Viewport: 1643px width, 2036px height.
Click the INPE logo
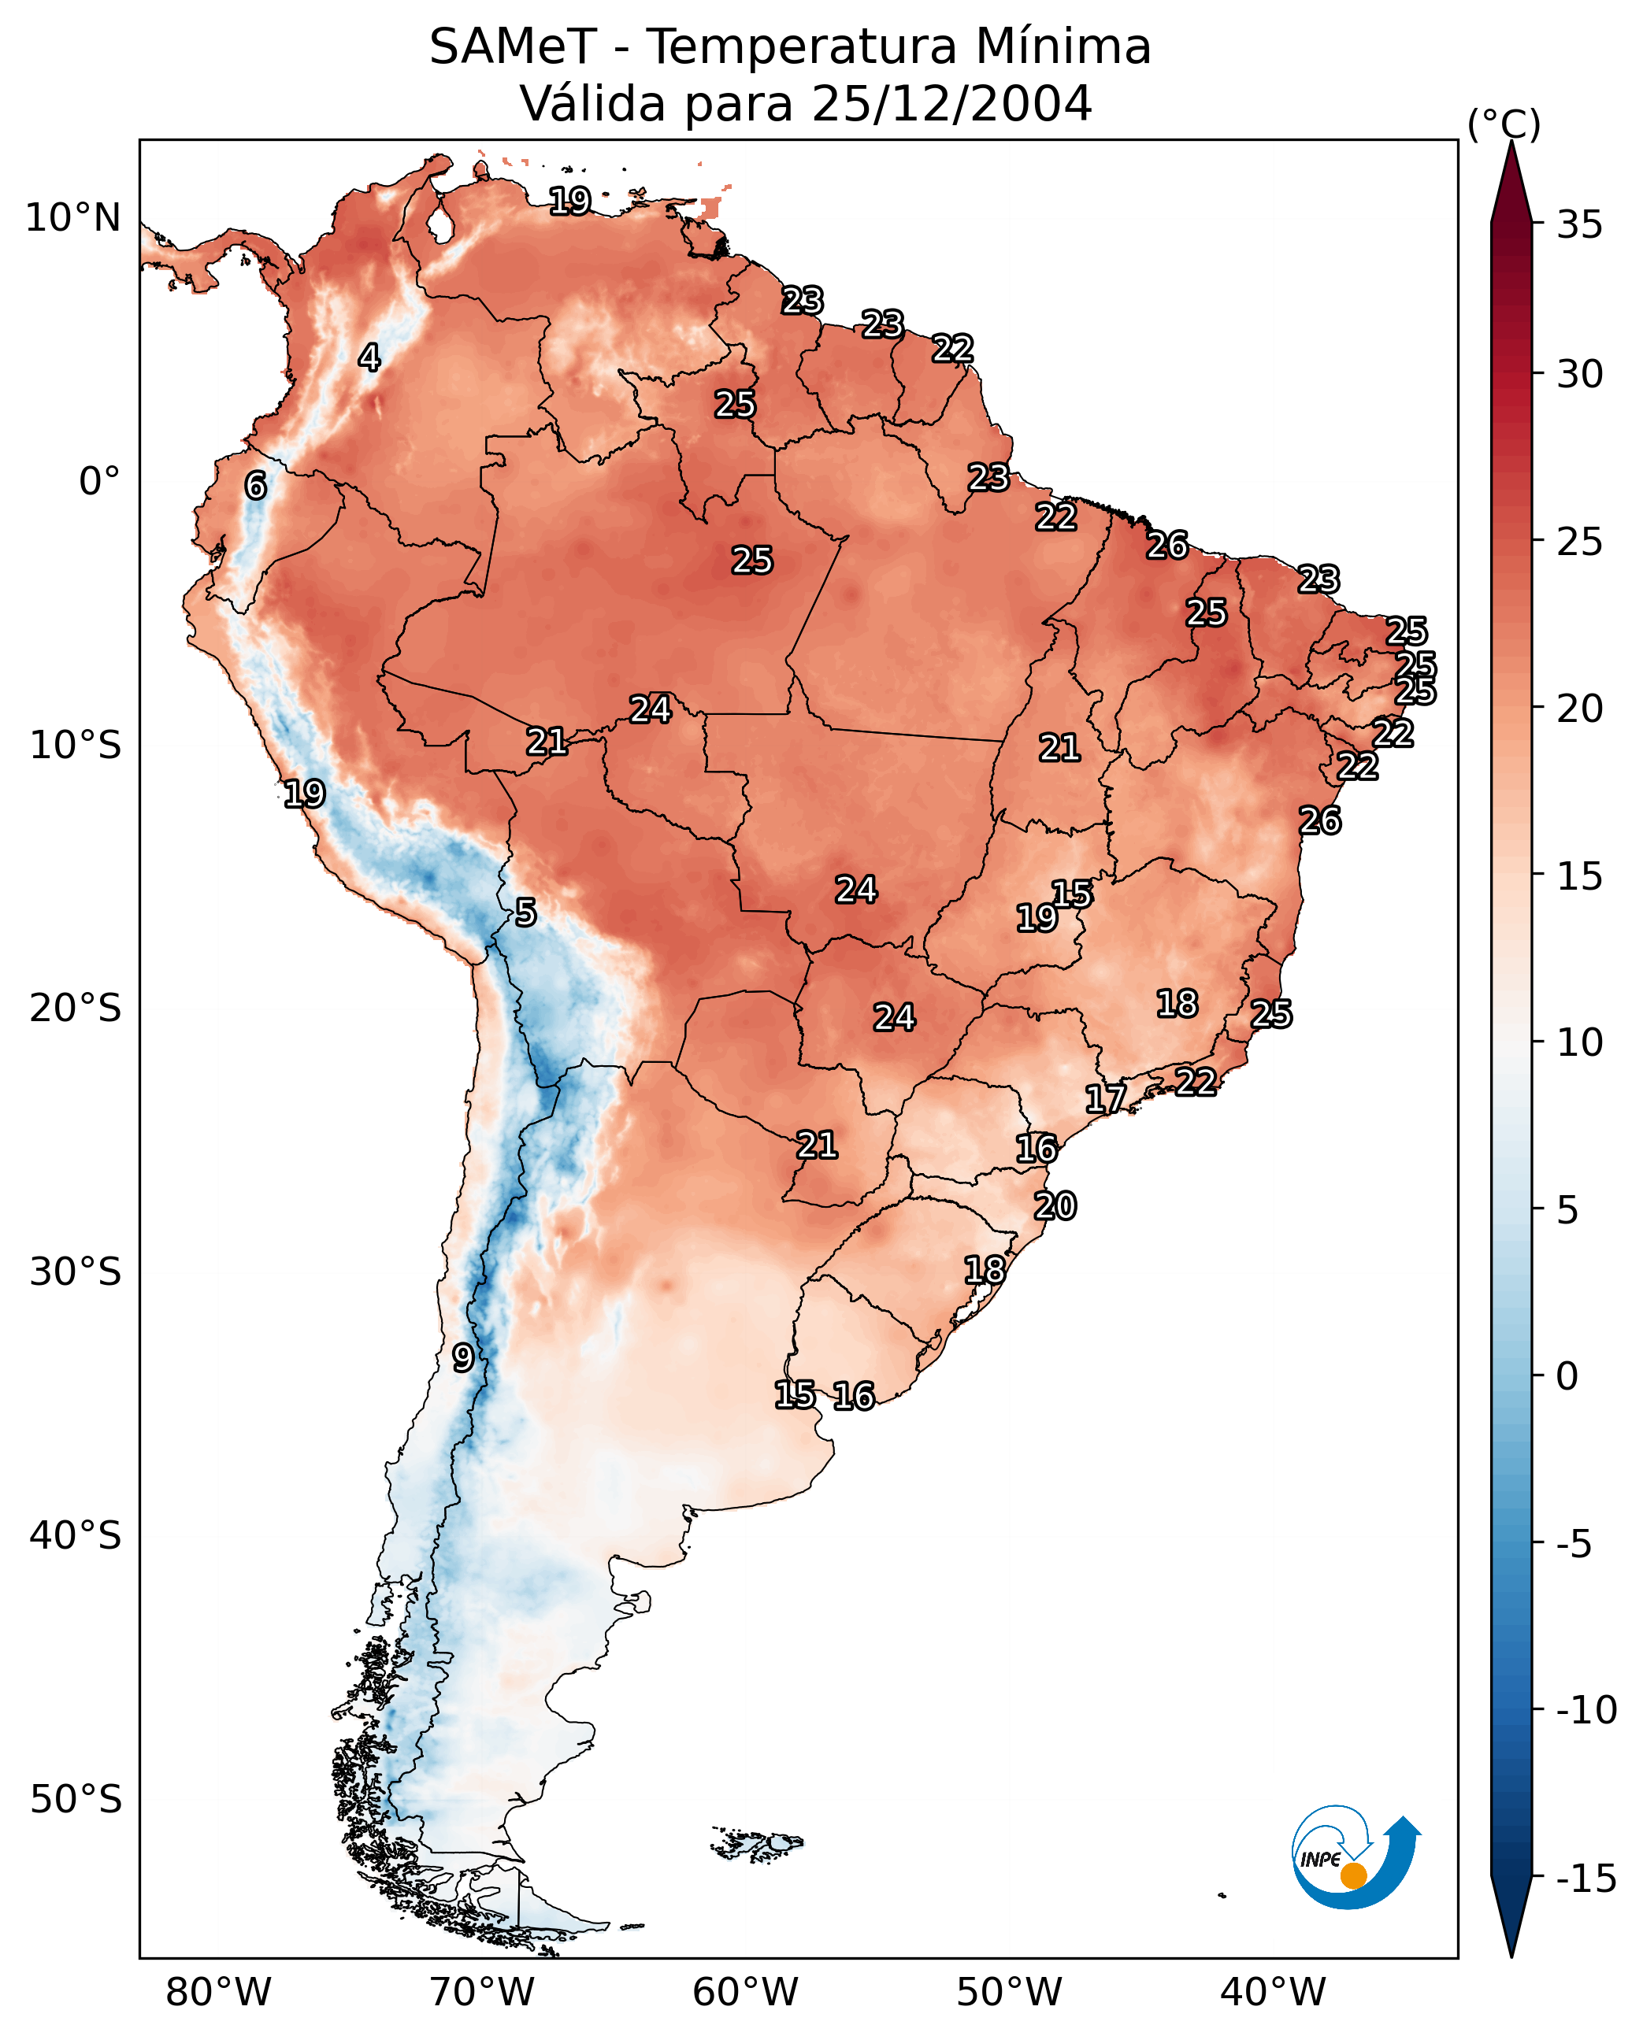coord(1355,1858)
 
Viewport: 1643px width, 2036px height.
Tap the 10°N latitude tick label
coord(73,219)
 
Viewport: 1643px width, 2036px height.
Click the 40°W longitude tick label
coord(1272,1992)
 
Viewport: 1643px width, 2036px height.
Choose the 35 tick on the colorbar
coord(1579,225)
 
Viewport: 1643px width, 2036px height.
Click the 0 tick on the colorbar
coord(1567,1376)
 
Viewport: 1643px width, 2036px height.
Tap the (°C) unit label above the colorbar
coord(1504,124)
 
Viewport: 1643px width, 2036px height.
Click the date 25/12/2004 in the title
coord(951,103)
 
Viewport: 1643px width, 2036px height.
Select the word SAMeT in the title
coord(512,46)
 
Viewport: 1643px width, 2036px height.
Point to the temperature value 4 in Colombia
coord(369,357)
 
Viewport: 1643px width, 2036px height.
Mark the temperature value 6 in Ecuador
coord(255,485)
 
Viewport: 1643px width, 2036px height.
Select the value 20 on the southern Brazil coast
coord(1055,1206)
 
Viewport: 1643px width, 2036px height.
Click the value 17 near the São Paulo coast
coord(1104,1098)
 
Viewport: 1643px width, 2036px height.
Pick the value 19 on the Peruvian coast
coord(304,794)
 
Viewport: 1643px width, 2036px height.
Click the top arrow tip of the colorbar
coord(1511,144)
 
